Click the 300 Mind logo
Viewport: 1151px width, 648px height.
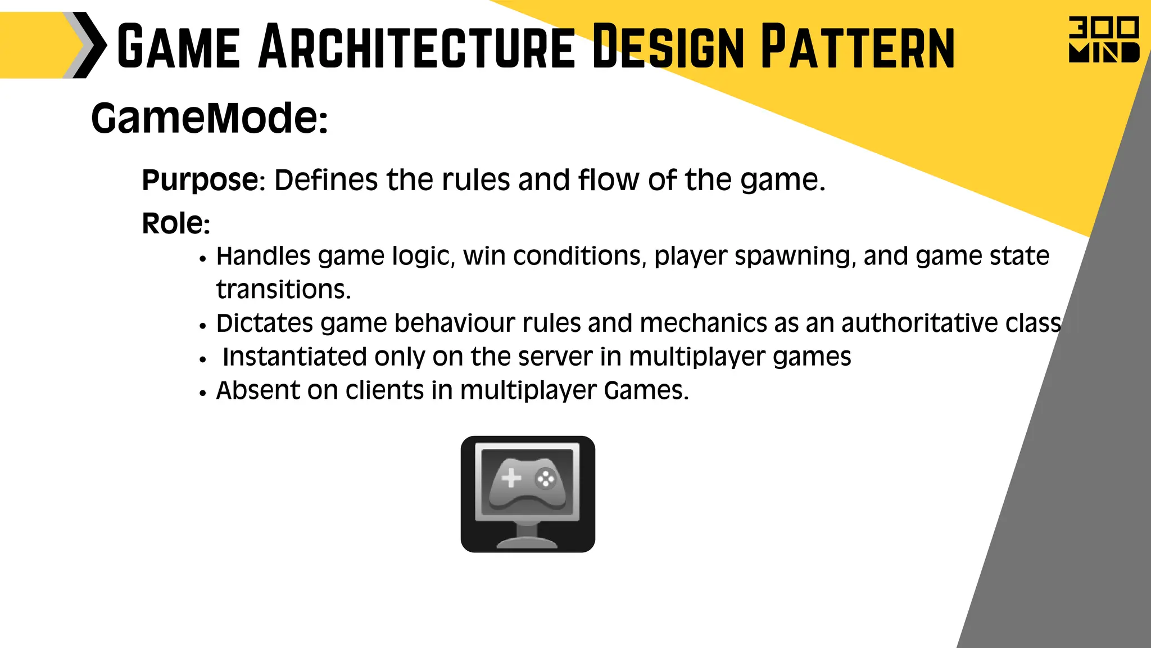click(x=1103, y=40)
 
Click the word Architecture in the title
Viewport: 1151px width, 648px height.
click(x=416, y=47)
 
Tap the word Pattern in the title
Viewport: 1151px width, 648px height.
click(x=858, y=47)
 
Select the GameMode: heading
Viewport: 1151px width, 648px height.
click(x=209, y=119)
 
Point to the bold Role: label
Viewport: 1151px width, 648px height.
click(x=176, y=223)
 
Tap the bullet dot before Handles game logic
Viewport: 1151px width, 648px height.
click(x=203, y=259)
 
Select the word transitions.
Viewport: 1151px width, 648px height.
click(x=283, y=290)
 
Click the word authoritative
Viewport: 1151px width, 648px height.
click(x=919, y=323)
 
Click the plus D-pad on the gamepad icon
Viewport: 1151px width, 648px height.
click(x=511, y=478)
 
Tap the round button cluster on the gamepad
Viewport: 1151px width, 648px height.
click(x=545, y=479)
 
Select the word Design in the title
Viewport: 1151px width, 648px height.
click(x=668, y=47)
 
